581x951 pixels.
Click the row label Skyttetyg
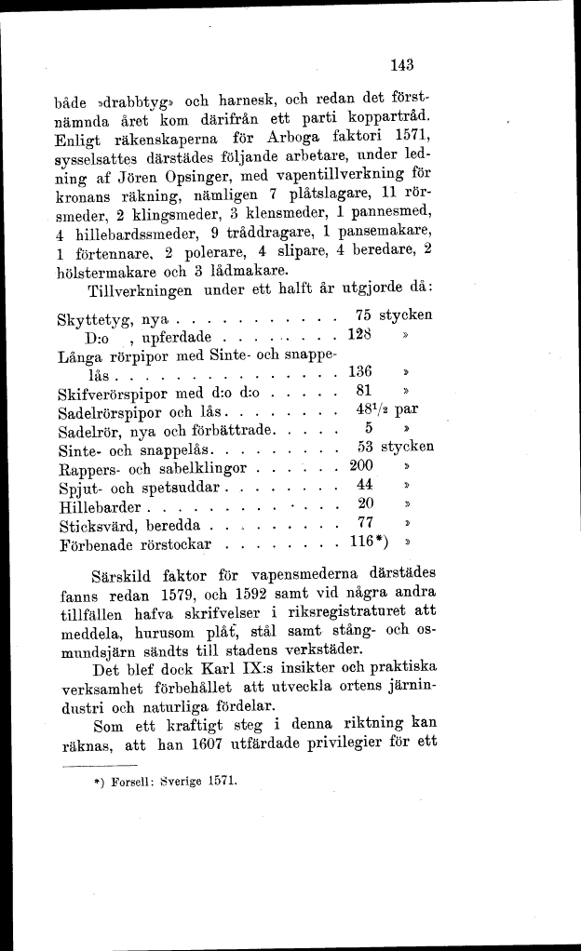point(90,319)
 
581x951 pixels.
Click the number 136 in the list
point(360,371)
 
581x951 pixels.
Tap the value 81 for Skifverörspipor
point(364,391)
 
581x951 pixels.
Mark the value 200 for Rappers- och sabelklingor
point(360,465)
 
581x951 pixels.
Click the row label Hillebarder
point(100,508)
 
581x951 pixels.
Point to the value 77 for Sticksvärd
point(365,523)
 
